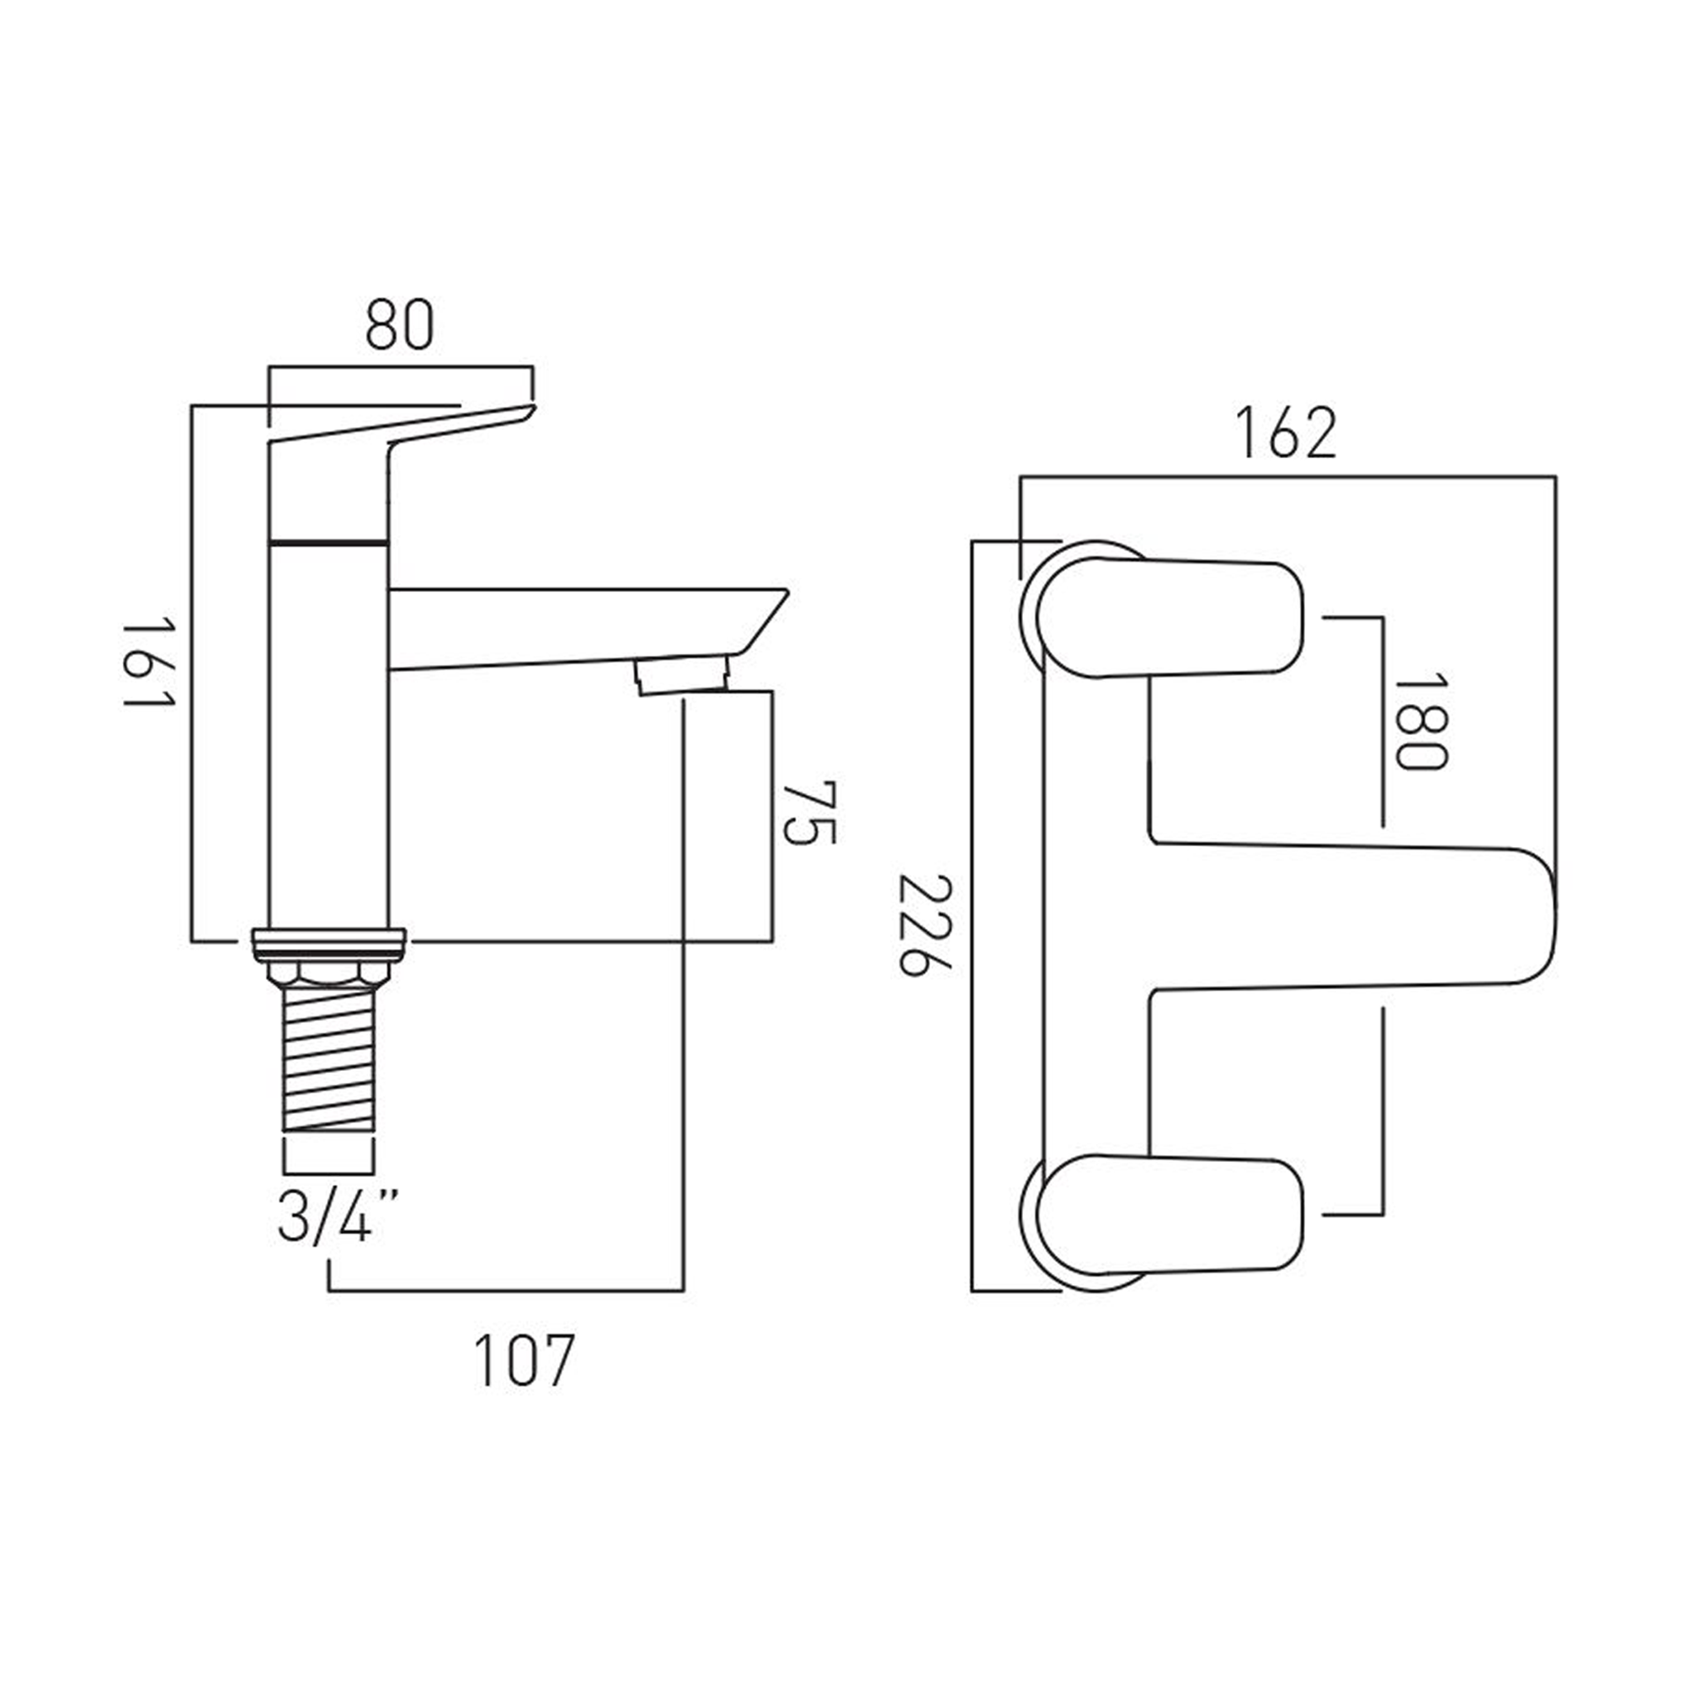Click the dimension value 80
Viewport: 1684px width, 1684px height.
point(398,325)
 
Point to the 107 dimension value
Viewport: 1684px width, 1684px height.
point(524,1361)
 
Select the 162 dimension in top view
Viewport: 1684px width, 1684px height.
point(1286,433)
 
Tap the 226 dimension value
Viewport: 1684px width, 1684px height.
point(927,926)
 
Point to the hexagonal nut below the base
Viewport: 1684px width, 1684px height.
point(328,973)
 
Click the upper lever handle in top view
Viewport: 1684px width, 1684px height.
point(1168,618)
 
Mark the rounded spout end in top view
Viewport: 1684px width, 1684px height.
point(1516,916)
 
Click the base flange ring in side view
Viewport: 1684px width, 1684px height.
point(328,943)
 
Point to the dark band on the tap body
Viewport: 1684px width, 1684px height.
point(328,541)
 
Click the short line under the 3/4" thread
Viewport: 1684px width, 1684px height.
point(328,1172)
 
